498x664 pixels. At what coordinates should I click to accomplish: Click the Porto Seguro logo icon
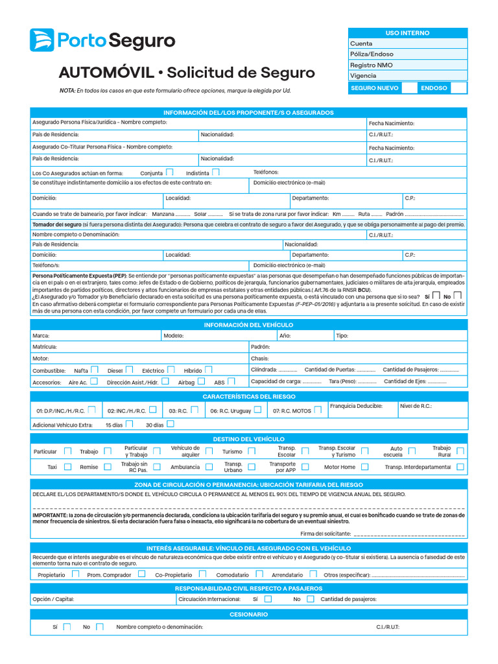point(41,40)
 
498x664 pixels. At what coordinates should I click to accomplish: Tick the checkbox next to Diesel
point(130,370)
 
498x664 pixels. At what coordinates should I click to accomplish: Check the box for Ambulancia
point(207,466)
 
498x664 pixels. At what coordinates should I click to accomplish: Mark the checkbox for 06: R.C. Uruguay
point(257,410)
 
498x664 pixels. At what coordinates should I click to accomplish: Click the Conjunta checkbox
point(169,172)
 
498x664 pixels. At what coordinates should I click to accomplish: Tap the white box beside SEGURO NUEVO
point(409,88)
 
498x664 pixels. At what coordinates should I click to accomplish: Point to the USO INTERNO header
point(407,33)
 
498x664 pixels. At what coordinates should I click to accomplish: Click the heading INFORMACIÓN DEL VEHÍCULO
point(248,324)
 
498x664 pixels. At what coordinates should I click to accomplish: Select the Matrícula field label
point(45,347)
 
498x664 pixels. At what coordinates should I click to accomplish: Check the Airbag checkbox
point(201,382)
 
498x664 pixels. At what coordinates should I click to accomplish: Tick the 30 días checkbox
point(170,424)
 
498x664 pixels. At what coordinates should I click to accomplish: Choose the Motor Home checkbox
point(365,466)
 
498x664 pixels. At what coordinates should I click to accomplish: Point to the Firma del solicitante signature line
point(409,534)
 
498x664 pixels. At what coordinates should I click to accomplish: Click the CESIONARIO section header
point(248,614)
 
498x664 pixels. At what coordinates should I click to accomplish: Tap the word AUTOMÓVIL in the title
point(106,72)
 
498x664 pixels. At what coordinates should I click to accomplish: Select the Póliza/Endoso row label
point(372,54)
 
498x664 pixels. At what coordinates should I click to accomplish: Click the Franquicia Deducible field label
point(356,406)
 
